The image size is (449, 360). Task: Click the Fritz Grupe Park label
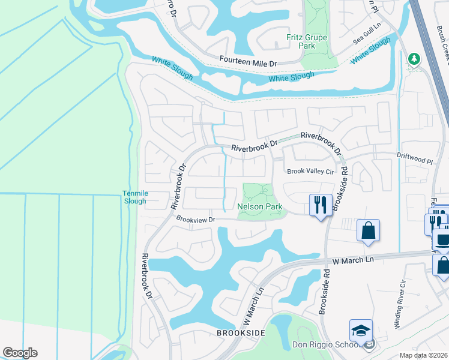tap(306, 41)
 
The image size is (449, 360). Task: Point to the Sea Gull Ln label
tap(367, 38)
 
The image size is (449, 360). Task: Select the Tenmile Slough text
tap(135, 197)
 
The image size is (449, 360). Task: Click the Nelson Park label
tap(260, 206)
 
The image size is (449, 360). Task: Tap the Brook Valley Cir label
tap(310, 171)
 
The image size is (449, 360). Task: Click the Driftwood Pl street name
tap(414, 161)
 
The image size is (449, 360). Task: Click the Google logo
tap(20, 353)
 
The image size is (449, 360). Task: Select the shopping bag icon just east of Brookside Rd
tap(368, 230)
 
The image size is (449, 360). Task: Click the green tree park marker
tap(413, 59)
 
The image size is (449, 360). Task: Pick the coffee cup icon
tap(443, 241)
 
